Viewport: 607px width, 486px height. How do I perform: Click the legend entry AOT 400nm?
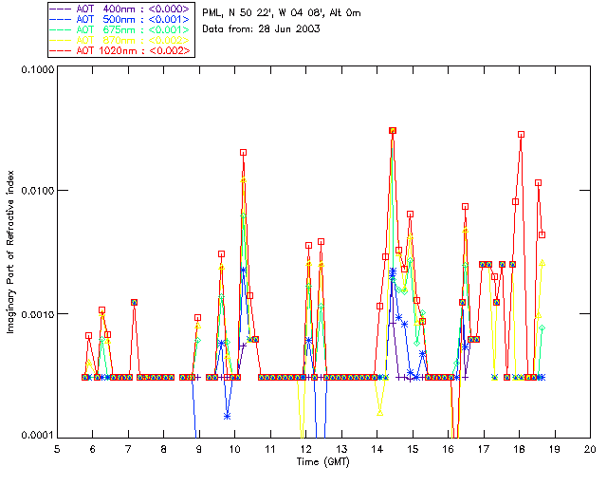click(120, 9)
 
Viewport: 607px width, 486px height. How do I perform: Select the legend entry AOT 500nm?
click(120, 19)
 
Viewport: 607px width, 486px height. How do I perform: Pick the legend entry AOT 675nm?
click(120, 29)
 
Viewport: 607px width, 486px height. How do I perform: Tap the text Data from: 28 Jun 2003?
click(262, 29)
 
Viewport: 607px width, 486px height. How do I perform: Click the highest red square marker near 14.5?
click(393, 130)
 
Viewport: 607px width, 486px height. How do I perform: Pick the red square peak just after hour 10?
click(243, 152)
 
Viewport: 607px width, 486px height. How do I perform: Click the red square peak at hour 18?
click(521, 134)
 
